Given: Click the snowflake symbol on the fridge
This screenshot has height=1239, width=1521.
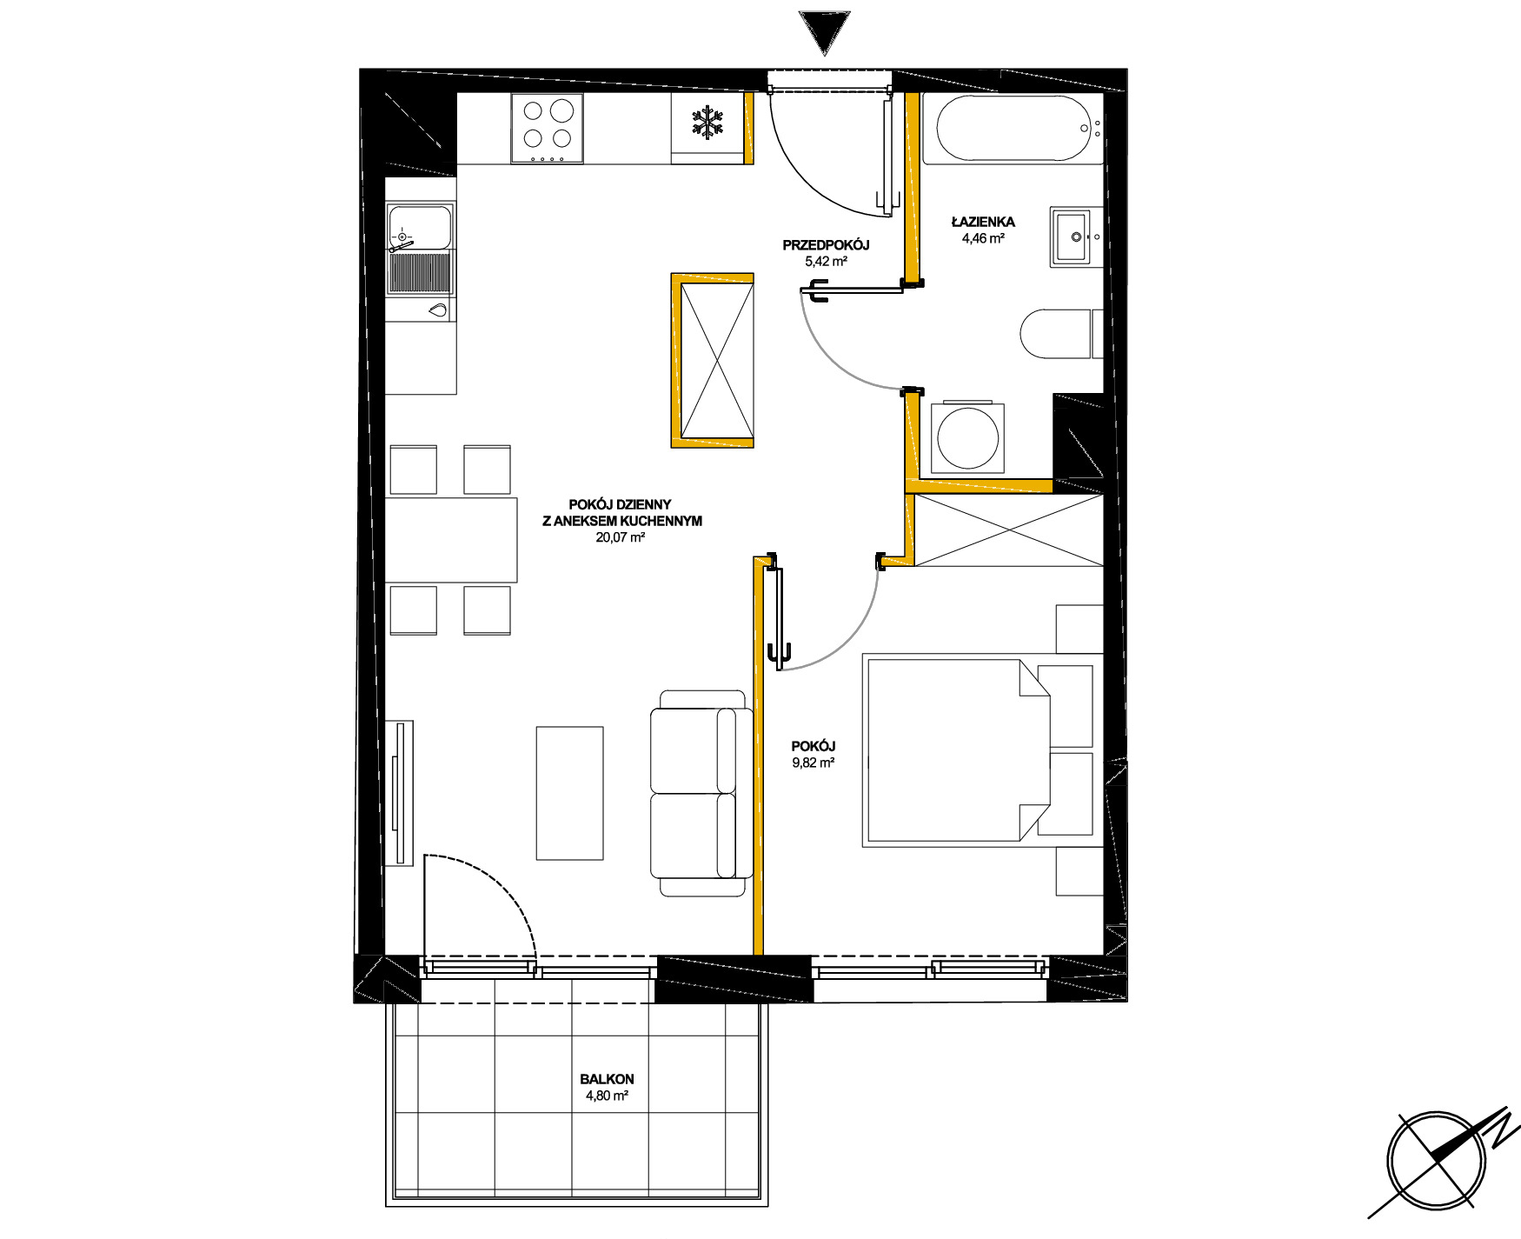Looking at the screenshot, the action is pos(708,123).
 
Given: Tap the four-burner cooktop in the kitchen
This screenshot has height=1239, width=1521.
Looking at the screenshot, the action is pos(547,129).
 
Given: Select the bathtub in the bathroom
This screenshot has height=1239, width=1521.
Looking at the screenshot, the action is pos(1012,129).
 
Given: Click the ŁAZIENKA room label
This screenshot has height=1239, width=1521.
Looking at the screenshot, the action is pos(983,222).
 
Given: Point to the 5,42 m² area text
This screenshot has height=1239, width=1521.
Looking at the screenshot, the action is pos(826,261).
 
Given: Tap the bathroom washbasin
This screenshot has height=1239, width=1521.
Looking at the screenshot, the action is pos(1076,236).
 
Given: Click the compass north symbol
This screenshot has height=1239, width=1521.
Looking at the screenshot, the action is pos(1438,1161).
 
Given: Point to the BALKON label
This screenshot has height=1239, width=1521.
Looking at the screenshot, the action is pos(607,1079).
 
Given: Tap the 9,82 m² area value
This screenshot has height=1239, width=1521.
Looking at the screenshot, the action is pos(813,763).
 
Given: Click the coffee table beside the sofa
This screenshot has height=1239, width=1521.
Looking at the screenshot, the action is pos(569,793).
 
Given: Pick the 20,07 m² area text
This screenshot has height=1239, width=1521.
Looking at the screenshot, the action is pos(620,537).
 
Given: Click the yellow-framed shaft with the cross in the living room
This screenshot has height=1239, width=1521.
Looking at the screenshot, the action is pos(712,361).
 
